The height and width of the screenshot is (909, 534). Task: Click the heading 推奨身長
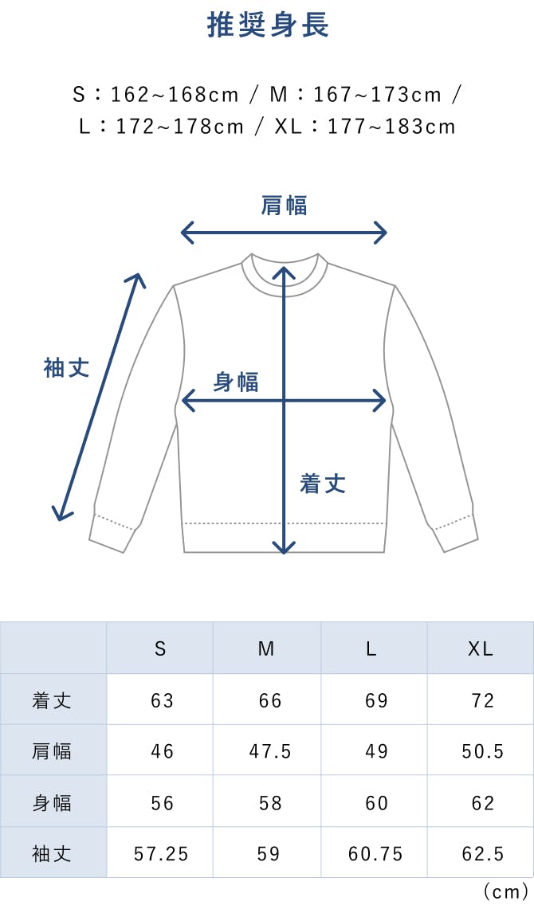(268, 25)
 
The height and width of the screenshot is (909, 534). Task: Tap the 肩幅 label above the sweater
(285, 206)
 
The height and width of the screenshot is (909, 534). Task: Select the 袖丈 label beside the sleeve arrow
(66, 368)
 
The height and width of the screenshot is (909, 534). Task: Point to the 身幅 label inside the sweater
(236, 382)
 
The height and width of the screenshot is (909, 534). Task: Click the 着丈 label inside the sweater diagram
(323, 483)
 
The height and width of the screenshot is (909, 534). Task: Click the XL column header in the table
(481, 648)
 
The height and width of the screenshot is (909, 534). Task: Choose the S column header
(160, 648)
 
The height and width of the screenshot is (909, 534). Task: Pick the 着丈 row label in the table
(53, 700)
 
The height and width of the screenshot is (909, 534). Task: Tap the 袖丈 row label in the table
(53, 853)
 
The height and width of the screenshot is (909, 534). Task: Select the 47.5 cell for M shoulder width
(270, 751)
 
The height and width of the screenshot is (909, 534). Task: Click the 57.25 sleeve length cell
(161, 853)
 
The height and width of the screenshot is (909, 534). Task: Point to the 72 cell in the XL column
(483, 700)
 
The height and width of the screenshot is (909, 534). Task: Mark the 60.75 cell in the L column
(375, 853)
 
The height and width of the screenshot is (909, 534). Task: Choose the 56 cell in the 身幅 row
(162, 802)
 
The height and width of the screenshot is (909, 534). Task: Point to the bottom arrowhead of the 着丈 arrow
(285, 547)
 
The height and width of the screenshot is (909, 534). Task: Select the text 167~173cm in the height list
(377, 95)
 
